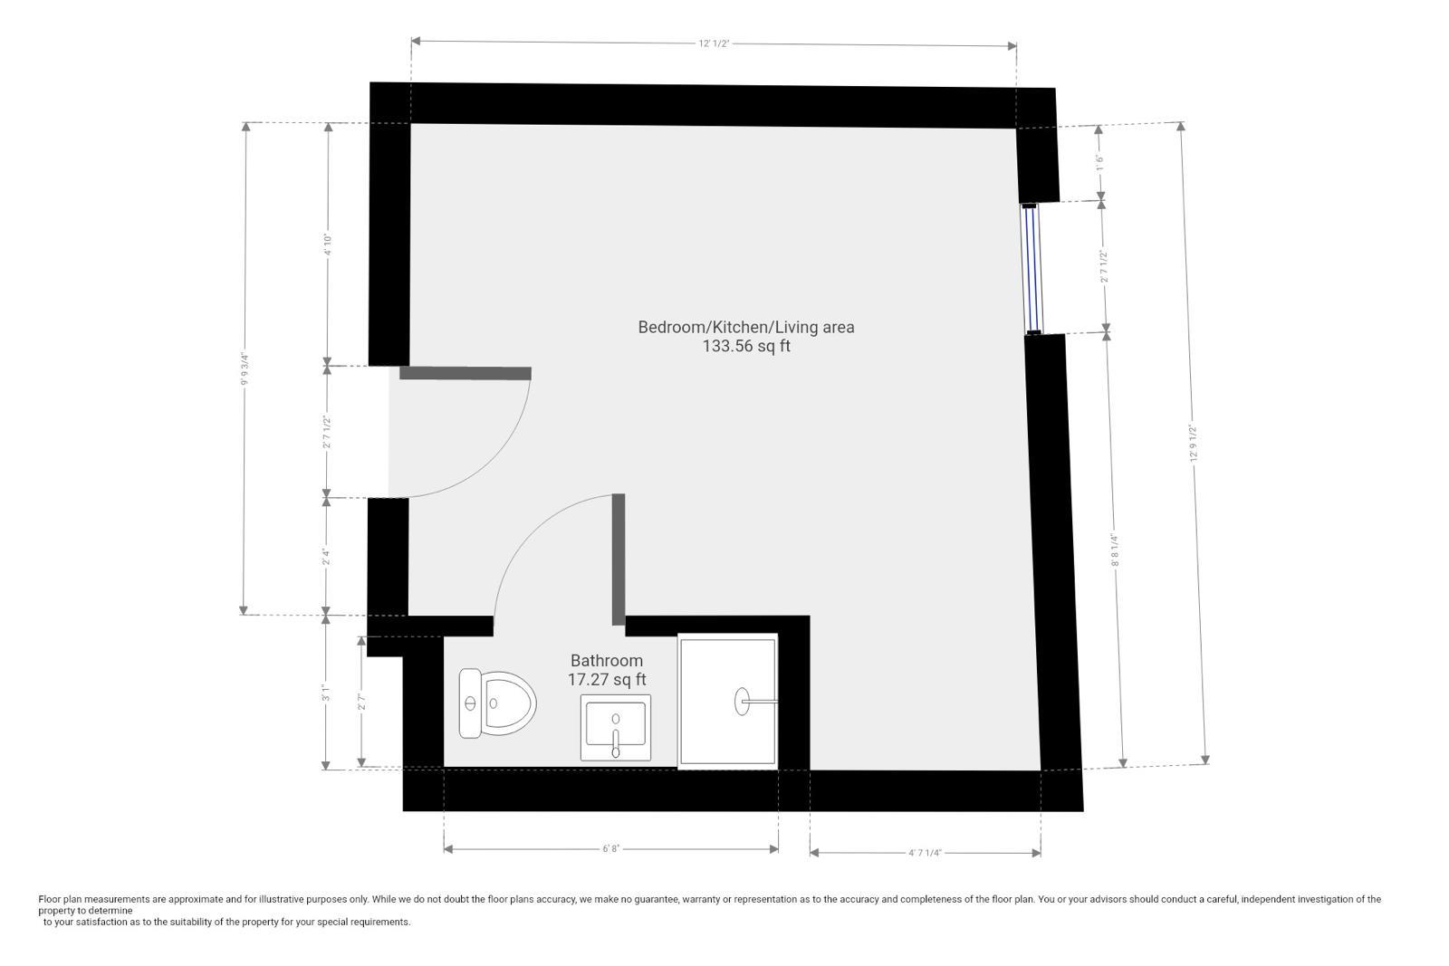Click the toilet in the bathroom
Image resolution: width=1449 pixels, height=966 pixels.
(497, 703)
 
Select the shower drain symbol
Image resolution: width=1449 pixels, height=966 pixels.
(742, 702)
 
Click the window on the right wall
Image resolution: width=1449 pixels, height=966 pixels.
(1032, 268)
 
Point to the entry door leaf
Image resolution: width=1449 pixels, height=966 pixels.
(465, 373)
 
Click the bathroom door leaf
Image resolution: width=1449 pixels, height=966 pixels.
(619, 560)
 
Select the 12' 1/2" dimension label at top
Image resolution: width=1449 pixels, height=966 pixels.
(715, 44)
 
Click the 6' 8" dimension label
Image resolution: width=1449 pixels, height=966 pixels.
(611, 849)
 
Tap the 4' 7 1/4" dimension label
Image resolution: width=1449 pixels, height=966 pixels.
(925, 853)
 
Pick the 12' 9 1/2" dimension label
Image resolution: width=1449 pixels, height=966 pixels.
(1195, 443)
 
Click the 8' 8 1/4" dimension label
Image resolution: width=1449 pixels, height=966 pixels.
(1115, 550)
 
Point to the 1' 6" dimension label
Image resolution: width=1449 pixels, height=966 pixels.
(1099, 162)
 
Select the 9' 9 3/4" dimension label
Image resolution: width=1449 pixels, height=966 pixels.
(245, 368)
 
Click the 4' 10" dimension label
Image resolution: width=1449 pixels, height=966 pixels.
(328, 244)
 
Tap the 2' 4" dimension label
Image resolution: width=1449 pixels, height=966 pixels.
(327, 557)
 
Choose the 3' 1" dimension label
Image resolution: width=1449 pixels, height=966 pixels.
(327, 693)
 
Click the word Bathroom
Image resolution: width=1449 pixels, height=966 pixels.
(607, 660)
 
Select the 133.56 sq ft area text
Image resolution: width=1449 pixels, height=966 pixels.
(746, 346)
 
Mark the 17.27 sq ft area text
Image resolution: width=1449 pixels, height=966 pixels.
(607, 680)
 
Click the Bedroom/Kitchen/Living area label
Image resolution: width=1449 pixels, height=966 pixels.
(746, 327)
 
